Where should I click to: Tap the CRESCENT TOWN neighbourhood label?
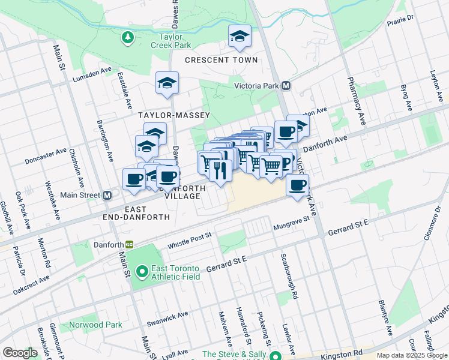coord(221,60)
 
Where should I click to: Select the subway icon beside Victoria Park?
coord(286,86)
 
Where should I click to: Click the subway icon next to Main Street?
coord(108,196)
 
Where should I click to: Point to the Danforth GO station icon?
coord(128,245)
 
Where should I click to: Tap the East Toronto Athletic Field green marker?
coord(142,272)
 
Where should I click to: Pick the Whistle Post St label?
coord(190,239)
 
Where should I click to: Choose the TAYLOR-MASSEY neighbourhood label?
coord(174,115)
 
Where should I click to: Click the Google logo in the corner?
coord(20,353)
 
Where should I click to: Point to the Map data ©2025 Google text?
coord(412,355)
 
